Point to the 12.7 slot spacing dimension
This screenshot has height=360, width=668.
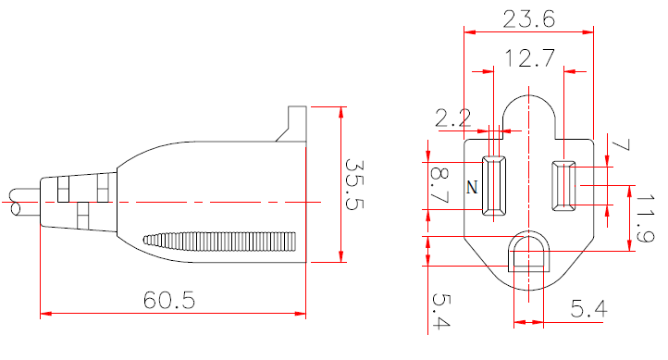(529, 60)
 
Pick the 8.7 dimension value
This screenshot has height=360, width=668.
(439, 184)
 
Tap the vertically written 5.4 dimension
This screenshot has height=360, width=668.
(438, 311)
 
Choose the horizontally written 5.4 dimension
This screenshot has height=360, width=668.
(588, 309)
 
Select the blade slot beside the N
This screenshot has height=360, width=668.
(495, 186)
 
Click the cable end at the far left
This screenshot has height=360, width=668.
(17, 203)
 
